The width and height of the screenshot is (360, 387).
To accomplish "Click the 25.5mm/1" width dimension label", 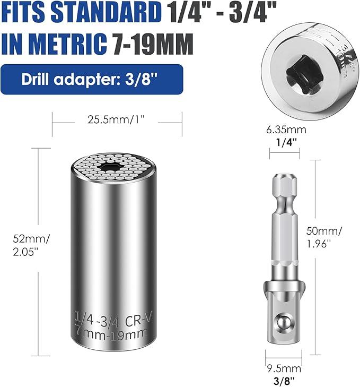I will (117, 121).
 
